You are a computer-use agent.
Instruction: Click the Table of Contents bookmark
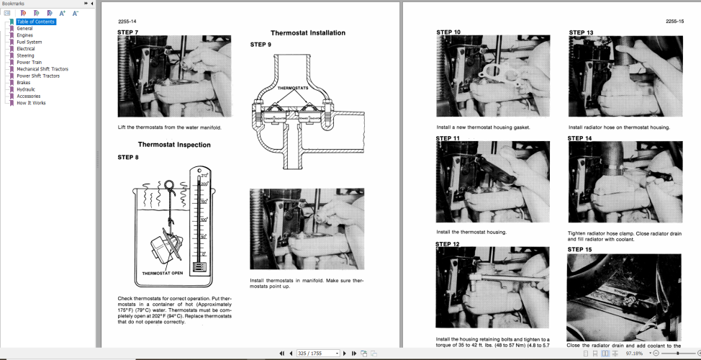click(36, 22)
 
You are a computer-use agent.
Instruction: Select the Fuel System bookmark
click(29, 42)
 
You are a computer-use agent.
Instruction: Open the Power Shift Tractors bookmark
click(38, 76)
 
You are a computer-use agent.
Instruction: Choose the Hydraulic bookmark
click(26, 89)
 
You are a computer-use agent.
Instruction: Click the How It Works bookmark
click(31, 103)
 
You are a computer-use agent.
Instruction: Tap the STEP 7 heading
click(128, 32)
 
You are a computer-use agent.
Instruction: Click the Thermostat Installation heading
click(307, 33)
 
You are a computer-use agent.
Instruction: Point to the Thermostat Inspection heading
click(174, 145)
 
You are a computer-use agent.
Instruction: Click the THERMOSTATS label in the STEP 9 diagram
click(293, 88)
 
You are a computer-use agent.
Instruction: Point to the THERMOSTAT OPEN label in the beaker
click(161, 274)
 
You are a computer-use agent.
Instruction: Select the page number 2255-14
click(127, 22)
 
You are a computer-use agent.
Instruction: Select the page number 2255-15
click(674, 22)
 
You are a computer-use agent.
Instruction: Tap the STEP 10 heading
click(448, 32)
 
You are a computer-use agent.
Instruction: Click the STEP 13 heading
click(581, 32)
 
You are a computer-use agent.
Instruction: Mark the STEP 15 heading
click(580, 249)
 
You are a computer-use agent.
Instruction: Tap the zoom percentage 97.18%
click(635, 354)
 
